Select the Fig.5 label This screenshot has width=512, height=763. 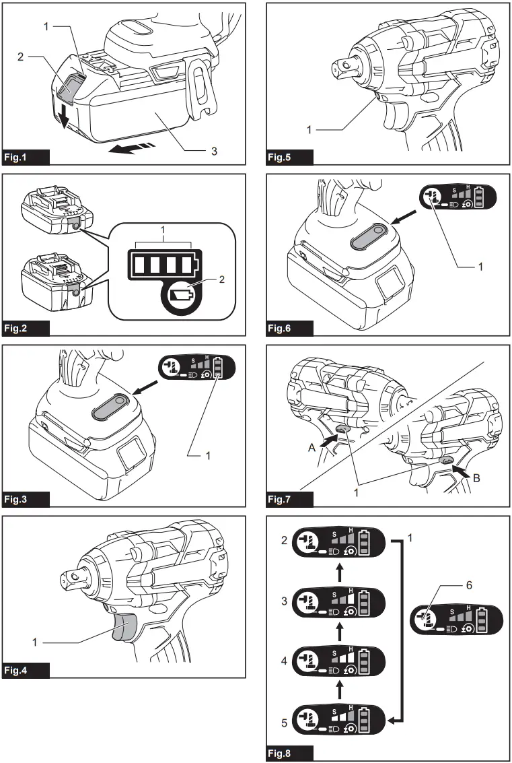click(x=288, y=158)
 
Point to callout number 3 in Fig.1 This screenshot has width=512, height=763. click(x=214, y=151)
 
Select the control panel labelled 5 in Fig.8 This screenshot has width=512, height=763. click(x=338, y=719)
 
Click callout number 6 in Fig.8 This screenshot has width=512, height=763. click(x=469, y=586)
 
